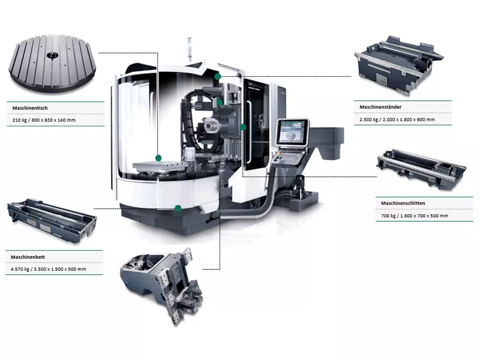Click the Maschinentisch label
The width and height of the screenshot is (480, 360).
30,108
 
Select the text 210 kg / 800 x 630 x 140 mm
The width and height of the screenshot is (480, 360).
44,120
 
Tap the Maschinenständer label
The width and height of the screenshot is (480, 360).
380,107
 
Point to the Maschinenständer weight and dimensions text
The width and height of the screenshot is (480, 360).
397,119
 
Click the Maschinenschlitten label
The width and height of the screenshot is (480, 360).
403,203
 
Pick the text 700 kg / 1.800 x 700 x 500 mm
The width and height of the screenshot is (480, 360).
415,216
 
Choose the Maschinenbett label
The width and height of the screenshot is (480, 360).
28,257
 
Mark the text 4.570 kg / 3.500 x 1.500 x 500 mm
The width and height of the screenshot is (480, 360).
49,269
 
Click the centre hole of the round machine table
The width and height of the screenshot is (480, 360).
52,55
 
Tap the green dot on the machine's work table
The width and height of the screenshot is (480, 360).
158,158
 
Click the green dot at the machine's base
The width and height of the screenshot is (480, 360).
178,208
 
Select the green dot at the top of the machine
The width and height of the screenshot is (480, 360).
217,77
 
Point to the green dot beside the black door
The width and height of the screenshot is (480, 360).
243,127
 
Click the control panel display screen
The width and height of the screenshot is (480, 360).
292,132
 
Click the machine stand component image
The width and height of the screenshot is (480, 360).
398,65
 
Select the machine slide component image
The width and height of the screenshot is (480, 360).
421,169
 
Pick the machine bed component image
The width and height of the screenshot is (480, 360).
52,220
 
